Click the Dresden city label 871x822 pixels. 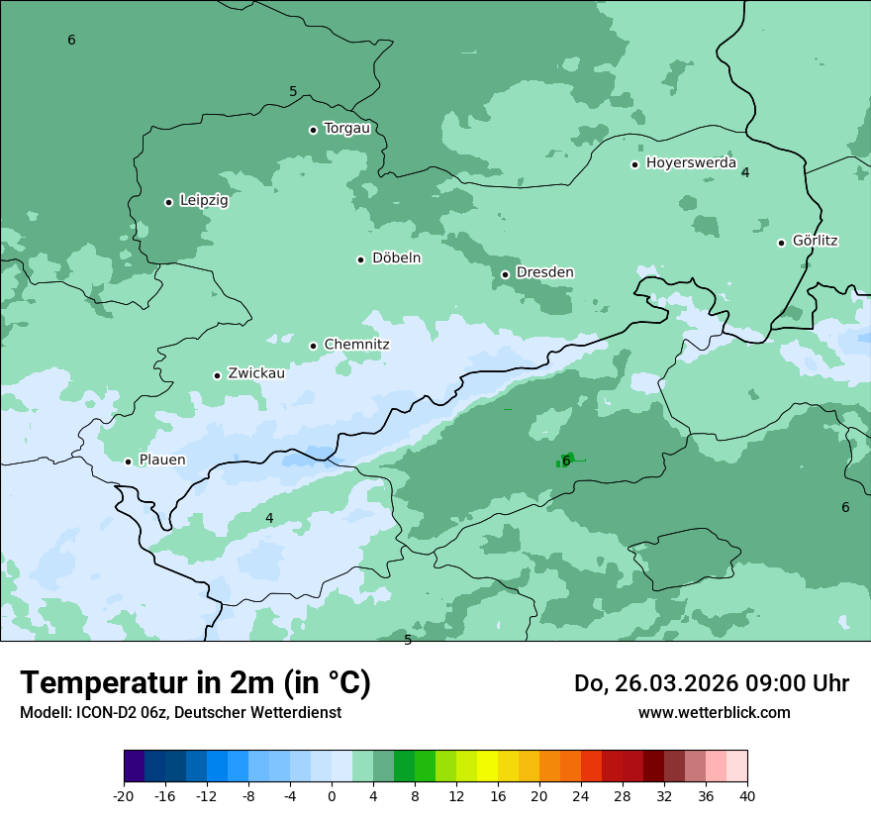544,272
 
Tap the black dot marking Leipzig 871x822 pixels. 168,202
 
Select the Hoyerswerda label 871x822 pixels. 691,162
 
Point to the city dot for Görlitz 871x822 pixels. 781,243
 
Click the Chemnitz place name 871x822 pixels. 356,345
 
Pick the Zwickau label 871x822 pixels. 256,373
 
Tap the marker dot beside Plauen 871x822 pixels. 128,462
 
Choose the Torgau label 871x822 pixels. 346,128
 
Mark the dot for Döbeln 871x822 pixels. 360,259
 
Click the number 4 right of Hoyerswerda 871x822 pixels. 745,172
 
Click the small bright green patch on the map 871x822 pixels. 568,459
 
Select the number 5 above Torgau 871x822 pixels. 293,91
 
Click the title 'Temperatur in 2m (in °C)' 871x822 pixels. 195,682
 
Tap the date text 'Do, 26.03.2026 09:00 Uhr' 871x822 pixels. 711,683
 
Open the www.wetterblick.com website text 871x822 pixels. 714,712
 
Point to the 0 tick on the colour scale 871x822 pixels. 332,796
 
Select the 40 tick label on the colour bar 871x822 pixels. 746,796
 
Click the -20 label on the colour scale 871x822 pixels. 124,796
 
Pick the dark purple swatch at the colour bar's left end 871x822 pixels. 134,767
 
